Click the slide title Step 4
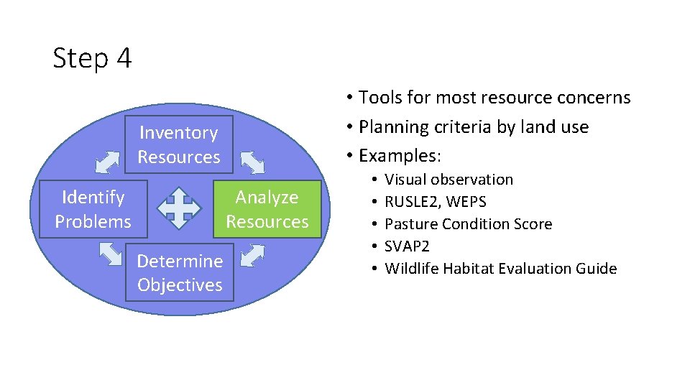coord(92,58)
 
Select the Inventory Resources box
coord(179,144)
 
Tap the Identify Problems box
coord(93,209)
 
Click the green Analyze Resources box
coord(267,209)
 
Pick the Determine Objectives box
coord(180,273)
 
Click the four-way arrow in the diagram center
coord(180,208)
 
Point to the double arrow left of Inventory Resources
coord(108,162)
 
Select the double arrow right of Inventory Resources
coord(252,162)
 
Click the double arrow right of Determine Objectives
coord(252,255)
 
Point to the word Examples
coord(398,155)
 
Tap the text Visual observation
coord(448,180)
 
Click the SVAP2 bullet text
coord(407,246)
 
